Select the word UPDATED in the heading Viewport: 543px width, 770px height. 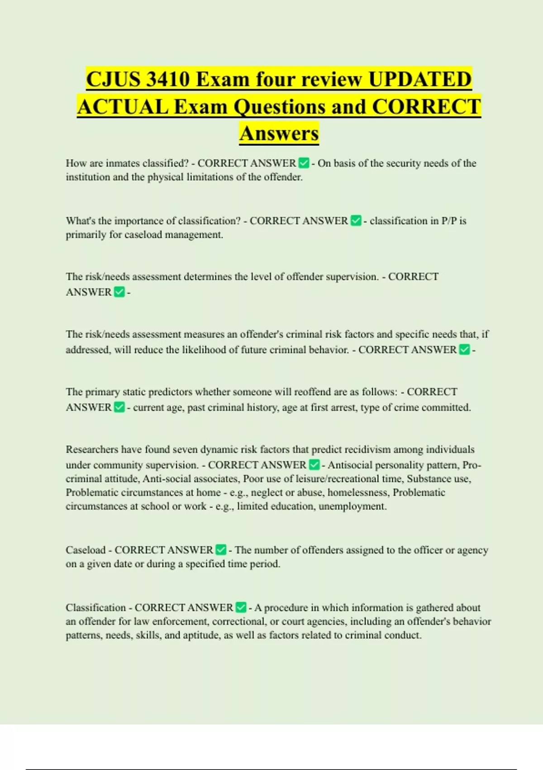pos(420,80)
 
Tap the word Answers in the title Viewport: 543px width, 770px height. pos(279,133)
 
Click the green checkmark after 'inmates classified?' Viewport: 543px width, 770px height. pos(304,163)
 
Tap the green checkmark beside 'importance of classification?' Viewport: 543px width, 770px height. pos(356,221)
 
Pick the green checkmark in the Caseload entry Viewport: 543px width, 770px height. pos(221,550)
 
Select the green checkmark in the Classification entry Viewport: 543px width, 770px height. pos(241,607)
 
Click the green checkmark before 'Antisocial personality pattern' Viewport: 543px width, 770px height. pos(314,465)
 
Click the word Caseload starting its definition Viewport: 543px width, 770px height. pos(86,550)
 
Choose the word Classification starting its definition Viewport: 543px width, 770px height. pos(95,607)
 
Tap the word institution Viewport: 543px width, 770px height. pos(88,177)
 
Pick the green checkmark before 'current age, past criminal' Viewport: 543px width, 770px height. pos(119,407)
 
